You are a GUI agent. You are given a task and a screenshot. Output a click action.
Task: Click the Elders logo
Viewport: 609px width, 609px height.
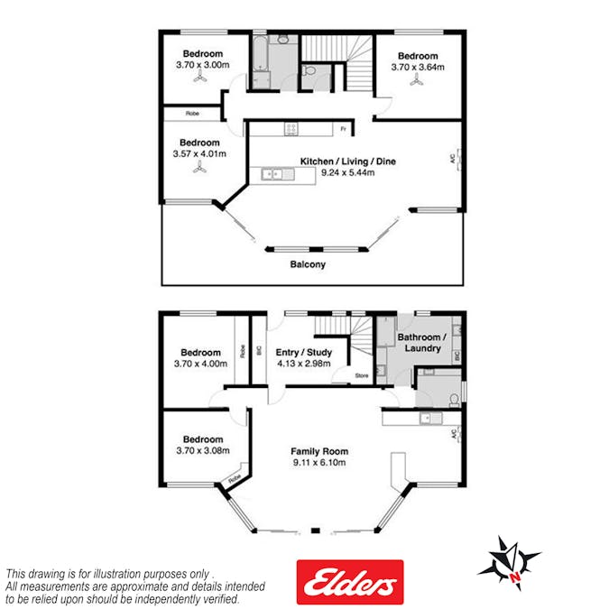(x=350, y=581)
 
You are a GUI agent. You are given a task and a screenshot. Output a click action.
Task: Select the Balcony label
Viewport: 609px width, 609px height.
(x=308, y=264)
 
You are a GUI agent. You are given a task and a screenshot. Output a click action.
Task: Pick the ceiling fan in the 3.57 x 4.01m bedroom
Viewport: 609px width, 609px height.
(x=199, y=166)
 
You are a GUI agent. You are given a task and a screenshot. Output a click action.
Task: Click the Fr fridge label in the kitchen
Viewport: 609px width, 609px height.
(x=344, y=128)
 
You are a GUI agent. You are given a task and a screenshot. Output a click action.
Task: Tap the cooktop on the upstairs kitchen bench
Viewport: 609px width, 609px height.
(x=291, y=128)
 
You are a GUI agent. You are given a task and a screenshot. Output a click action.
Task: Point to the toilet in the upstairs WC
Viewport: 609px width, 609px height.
(x=309, y=70)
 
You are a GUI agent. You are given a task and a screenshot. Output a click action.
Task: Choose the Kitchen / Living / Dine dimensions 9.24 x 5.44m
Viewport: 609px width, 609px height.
(x=348, y=172)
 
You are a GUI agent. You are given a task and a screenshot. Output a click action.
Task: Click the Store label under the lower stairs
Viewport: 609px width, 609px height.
(x=362, y=375)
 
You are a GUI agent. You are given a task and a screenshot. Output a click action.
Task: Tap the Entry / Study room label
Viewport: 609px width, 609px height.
(x=304, y=352)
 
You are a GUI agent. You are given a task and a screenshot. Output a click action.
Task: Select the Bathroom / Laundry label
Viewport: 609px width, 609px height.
(x=422, y=343)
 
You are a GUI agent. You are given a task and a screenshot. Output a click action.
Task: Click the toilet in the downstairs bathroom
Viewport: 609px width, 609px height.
(x=454, y=400)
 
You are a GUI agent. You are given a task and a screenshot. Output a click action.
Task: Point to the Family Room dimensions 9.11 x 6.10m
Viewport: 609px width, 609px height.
(x=319, y=462)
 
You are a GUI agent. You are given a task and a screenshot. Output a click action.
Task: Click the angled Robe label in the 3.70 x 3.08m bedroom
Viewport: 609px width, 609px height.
(x=235, y=478)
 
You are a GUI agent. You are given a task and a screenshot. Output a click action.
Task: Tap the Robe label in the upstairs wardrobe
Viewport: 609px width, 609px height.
(x=193, y=114)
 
